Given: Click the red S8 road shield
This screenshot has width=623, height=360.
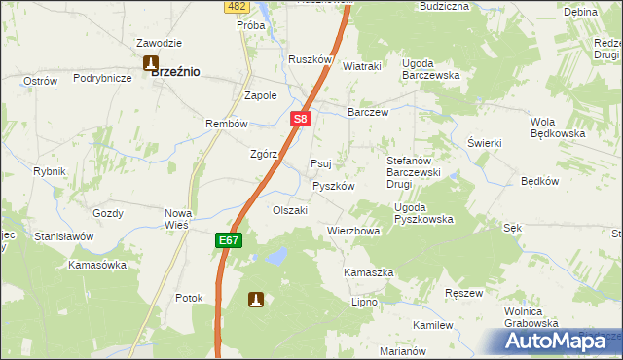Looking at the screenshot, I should [x=301, y=120].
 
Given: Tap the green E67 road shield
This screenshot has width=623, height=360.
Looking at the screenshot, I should [x=227, y=238].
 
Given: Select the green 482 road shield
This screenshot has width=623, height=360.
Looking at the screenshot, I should [x=235, y=6].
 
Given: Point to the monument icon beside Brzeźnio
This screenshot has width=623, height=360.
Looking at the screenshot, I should [x=151, y=64].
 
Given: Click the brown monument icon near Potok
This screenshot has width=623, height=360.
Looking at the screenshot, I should [x=256, y=301].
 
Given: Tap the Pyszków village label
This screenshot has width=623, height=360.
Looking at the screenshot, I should [x=333, y=186].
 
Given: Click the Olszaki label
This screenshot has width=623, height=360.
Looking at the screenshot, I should [x=290, y=210].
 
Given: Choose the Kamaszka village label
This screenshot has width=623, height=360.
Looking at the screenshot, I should [x=369, y=272].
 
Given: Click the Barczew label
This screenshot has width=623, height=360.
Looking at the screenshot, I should [x=368, y=112].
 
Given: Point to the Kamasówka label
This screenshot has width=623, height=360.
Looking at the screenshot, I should [x=97, y=265].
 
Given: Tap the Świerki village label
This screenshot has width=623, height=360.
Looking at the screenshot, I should [x=484, y=143].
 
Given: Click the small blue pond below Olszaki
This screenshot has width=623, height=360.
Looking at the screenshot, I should [x=276, y=256].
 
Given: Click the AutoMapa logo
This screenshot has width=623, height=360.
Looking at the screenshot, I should [x=558, y=341].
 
